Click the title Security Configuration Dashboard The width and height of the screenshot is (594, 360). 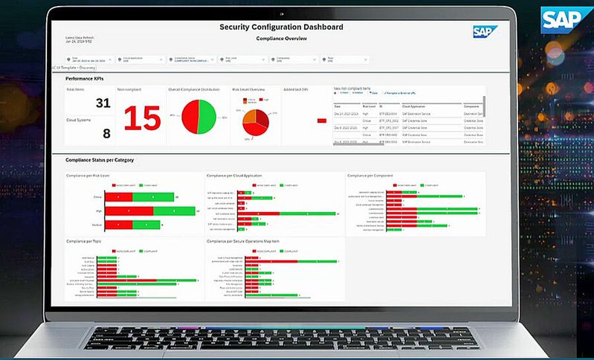(281, 27)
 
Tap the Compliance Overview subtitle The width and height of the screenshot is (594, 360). (283, 38)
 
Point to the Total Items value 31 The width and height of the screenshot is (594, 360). (103, 103)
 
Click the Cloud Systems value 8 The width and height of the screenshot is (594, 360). (106, 134)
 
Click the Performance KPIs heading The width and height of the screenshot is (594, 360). (85, 77)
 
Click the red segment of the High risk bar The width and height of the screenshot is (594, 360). (129, 211)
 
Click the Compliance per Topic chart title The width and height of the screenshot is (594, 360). (83, 241)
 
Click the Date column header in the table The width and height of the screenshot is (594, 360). (338, 106)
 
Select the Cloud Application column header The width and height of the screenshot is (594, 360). (415, 106)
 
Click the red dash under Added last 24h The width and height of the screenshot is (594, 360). (321, 120)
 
